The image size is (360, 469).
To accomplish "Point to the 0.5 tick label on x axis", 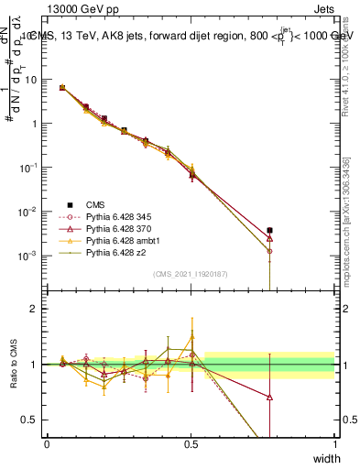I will [x=191, y=444].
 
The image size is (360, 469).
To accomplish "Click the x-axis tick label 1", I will [x=334, y=444].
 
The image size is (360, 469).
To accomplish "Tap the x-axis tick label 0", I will [x=47, y=444].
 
